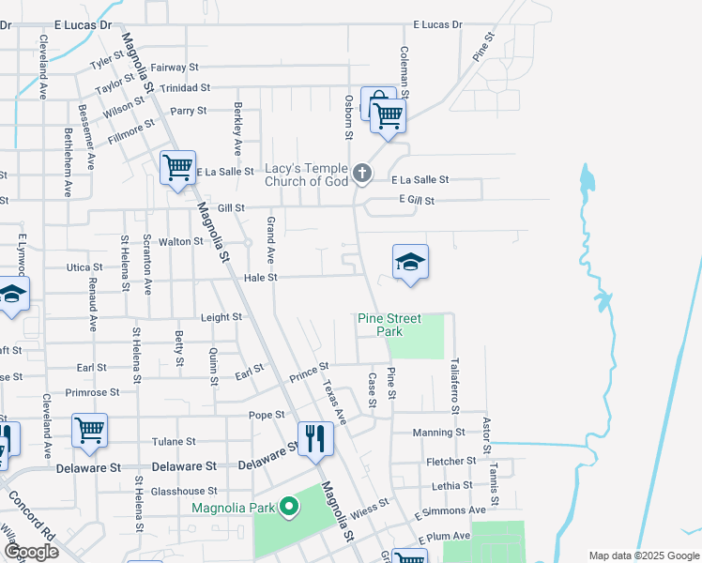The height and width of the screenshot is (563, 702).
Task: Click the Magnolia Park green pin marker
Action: pyautogui.click(x=290, y=509)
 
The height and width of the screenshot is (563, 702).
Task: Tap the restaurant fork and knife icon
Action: pyautogui.click(x=313, y=438)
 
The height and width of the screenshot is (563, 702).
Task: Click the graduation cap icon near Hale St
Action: pyautogui.click(x=410, y=261)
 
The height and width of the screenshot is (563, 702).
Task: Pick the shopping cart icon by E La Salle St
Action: pyautogui.click(x=176, y=168)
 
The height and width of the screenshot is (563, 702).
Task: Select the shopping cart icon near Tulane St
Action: pyautogui.click(x=89, y=430)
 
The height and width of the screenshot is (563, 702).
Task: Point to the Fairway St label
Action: pyautogui.click(x=175, y=68)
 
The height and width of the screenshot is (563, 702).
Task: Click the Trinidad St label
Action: pyautogui.click(x=184, y=87)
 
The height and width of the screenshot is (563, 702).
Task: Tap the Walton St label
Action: pyautogui.click(x=181, y=241)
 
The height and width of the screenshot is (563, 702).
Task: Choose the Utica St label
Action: pyautogui.click(x=84, y=267)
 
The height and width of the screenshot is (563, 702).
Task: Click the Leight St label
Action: pyautogui.click(x=221, y=317)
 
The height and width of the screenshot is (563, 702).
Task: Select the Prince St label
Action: pyautogui.click(x=309, y=372)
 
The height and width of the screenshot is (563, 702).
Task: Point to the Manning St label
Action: pyautogui.click(x=440, y=433)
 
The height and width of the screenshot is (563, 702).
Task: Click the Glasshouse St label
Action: pyautogui.click(x=184, y=491)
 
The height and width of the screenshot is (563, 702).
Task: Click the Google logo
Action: pyautogui.click(x=31, y=552)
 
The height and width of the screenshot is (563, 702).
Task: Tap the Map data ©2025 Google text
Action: pyautogui.click(x=643, y=555)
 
